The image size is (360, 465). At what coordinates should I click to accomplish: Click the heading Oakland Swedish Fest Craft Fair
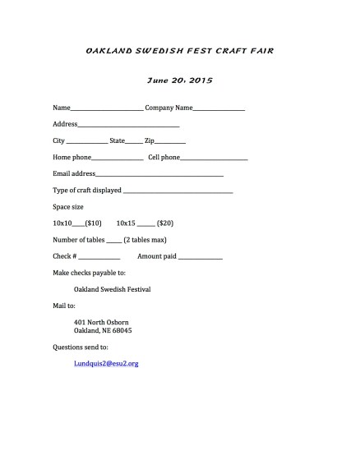pyautogui.click(x=179, y=51)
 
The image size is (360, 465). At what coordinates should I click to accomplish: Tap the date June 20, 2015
pyautogui.click(x=179, y=81)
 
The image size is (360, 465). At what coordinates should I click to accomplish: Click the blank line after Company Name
pyautogui.click(x=219, y=109)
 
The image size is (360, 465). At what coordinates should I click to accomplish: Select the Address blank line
pyautogui.click(x=128, y=126)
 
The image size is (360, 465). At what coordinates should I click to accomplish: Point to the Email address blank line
pyautogui.click(x=159, y=175)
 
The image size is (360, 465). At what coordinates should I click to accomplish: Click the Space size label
pyautogui.click(x=68, y=206)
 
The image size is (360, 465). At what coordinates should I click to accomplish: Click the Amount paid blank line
pyautogui.click(x=201, y=258)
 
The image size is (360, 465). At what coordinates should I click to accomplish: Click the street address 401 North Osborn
pyautogui.click(x=101, y=322)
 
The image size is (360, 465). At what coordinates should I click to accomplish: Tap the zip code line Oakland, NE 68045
pyautogui.click(x=103, y=330)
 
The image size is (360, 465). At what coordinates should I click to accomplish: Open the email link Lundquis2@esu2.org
pyautogui.click(x=106, y=363)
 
